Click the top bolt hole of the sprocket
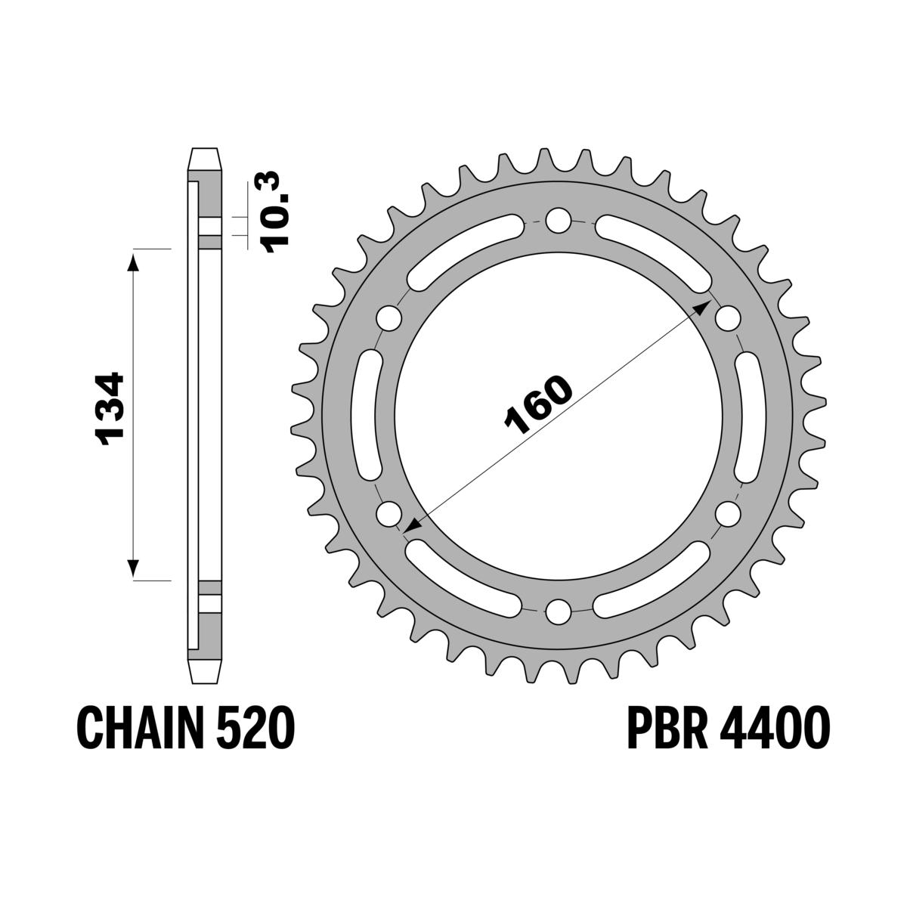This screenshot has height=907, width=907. click(558, 221)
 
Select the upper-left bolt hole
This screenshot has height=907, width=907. click(389, 318)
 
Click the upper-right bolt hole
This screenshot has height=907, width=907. click(726, 318)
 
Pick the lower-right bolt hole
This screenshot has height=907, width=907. click(726, 513)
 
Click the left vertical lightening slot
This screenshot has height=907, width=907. click(370, 416)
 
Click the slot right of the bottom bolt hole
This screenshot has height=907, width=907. click(652, 579)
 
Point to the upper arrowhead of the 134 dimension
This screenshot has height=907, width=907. click(133, 261)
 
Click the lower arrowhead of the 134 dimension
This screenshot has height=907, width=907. click(133, 568)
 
